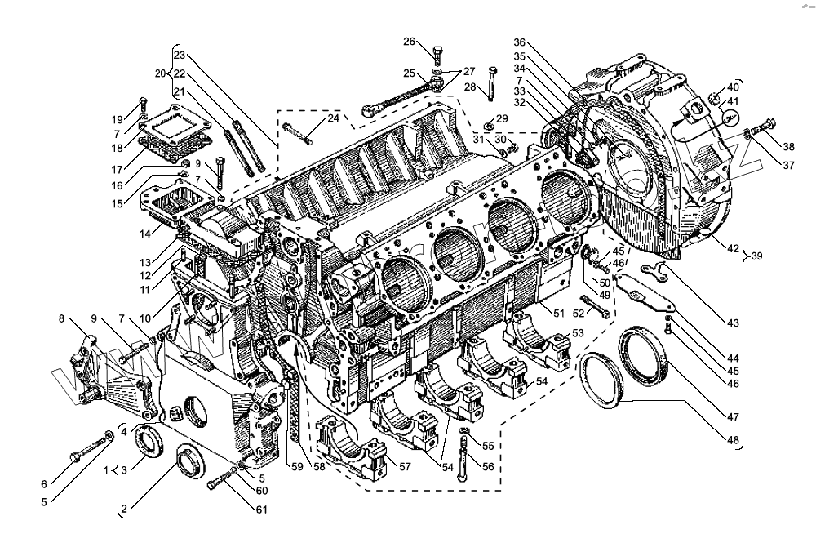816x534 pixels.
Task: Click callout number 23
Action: (180, 56)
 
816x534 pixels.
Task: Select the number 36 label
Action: (521, 42)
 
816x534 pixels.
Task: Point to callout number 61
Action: (262, 510)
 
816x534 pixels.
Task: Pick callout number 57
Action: (406, 466)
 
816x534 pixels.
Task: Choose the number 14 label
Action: (144, 234)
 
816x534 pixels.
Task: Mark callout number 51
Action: (558, 312)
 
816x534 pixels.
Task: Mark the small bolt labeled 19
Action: (143, 107)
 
